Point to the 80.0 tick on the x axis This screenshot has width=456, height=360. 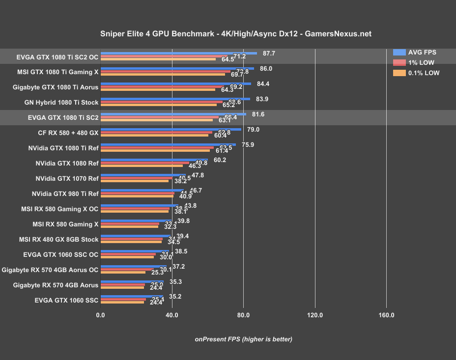pyautogui.click(x=243, y=315)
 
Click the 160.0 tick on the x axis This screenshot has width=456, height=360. pyautogui.click(x=386, y=315)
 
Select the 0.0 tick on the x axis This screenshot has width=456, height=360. pyautogui.click(x=101, y=315)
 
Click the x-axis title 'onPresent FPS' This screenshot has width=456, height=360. pyautogui.click(x=243, y=339)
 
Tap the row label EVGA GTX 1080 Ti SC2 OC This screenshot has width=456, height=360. pyautogui.click(x=57, y=56)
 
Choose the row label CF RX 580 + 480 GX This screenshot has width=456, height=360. pyautogui.click(x=68, y=133)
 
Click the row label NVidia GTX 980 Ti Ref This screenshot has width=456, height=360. pyautogui.click(x=65, y=194)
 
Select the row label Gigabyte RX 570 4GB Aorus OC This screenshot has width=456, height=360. pyautogui.click(x=50, y=270)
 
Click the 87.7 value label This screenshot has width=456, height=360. pyautogui.click(x=269, y=53)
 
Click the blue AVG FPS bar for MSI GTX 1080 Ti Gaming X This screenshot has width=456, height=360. pyautogui.click(x=177, y=68)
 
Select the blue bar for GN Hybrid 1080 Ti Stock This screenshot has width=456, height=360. pyautogui.click(x=175, y=99)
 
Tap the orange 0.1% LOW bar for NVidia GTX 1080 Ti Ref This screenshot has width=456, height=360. pyautogui.click(x=155, y=150)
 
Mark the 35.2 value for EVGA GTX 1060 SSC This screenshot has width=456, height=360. pyautogui.click(x=175, y=297)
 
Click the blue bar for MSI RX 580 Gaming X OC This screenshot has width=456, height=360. pyautogui.click(x=139, y=205)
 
